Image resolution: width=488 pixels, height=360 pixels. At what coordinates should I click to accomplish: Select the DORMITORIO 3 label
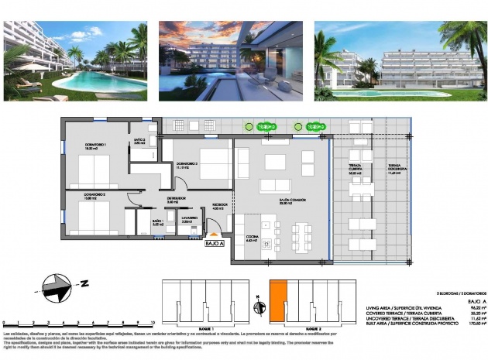tap(187, 165)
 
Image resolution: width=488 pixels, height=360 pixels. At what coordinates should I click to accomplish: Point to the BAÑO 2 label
tap(139, 141)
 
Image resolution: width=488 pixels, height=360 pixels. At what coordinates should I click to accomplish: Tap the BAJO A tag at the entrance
tap(214, 243)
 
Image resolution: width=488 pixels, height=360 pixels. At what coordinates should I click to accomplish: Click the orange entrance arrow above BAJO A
tap(215, 233)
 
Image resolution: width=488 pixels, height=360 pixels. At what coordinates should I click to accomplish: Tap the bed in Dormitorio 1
tap(94, 171)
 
